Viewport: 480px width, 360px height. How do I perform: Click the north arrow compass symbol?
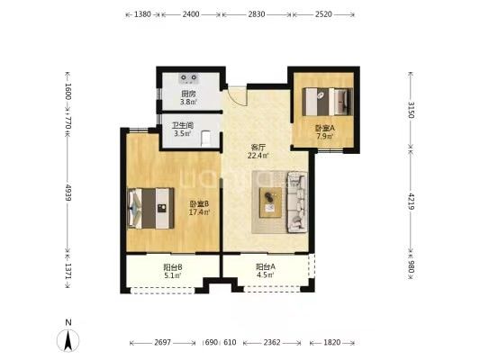click(x=68, y=340)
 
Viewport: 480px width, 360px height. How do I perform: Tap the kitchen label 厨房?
click(x=188, y=94)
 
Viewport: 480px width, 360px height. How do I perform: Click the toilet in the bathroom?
click(x=206, y=139)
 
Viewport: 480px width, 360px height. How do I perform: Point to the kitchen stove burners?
click(x=189, y=78)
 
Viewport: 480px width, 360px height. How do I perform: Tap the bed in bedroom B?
click(x=150, y=208)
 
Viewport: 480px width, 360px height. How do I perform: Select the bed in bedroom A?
click(x=327, y=102)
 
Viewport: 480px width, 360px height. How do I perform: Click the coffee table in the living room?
click(x=270, y=202)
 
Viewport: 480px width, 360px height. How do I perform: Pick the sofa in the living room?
click(x=297, y=202)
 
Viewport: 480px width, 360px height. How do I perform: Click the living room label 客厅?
click(x=258, y=147)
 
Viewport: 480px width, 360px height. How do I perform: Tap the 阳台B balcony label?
click(x=173, y=267)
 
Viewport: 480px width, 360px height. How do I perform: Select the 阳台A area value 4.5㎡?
click(x=266, y=274)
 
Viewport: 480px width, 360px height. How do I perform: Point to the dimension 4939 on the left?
click(x=68, y=193)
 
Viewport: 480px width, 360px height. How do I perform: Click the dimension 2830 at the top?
click(x=257, y=14)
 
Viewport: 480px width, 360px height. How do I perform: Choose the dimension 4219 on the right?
click(x=412, y=202)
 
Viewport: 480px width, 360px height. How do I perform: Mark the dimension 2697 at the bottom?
click(x=162, y=343)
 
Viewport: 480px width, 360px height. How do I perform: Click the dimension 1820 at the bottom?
click(x=331, y=343)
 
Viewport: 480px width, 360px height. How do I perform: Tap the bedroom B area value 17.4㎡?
click(x=199, y=212)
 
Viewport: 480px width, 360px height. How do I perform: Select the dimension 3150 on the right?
click(x=412, y=110)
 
